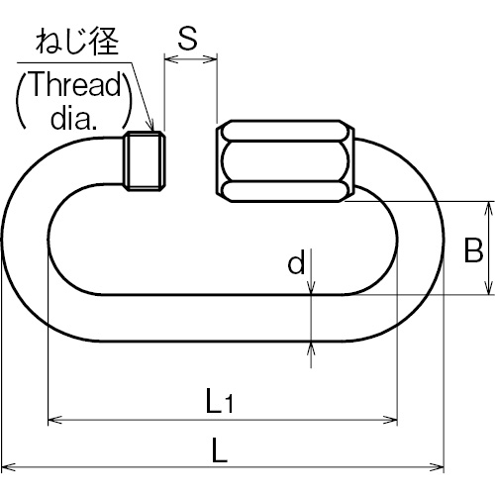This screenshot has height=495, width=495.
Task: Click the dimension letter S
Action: (x=188, y=38)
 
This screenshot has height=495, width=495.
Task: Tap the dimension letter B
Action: (x=473, y=249)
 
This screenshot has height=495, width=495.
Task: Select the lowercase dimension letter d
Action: (x=296, y=261)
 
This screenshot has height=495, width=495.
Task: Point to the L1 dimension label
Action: (x=220, y=401)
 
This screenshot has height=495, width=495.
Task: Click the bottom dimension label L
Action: (x=220, y=449)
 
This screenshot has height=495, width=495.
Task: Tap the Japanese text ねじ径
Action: (x=77, y=42)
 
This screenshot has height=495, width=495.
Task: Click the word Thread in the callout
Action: (x=75, y=84)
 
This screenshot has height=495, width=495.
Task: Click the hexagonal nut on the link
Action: (x=285, y=161)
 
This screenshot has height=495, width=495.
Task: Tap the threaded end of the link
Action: (x=145, y=160)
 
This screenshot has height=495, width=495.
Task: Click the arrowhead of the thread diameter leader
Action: (x=151, y=127)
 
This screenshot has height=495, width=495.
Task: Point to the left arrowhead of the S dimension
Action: (x=171, y=59)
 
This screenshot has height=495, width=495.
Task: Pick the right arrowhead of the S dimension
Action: (x=211, y=59)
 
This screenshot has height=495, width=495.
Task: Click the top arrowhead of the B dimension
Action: (x=488, y=209)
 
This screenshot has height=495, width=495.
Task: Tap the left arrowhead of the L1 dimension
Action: (x=54, y=420)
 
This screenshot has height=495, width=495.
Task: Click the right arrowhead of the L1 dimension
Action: (x=391, y=420)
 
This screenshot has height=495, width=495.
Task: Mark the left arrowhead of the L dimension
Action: (x=8, y=467)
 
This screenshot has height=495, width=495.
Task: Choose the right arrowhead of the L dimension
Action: (x=437, y=467)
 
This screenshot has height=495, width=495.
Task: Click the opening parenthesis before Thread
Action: (x=21, y=101)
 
